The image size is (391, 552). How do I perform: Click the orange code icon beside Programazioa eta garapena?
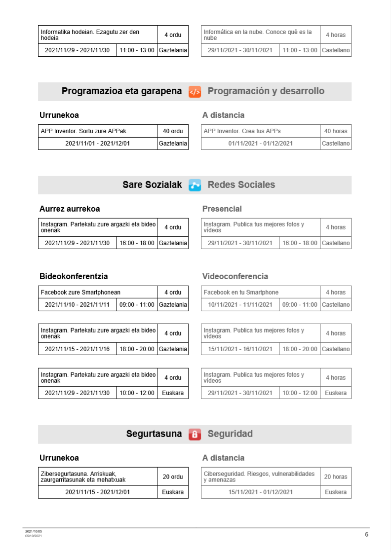[x=195, y=91]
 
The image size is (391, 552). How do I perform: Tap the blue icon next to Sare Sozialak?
[x=195, y=185]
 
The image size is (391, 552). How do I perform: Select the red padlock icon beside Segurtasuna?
[x=195, y=434]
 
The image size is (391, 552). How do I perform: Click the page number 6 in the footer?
[x=366, y=534]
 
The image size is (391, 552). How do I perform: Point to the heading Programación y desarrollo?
[x=266, y=91]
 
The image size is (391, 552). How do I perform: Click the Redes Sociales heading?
[x=241, y=185]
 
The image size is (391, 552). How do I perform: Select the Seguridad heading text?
[x=230, y=434]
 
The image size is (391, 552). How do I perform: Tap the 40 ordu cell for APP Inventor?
[x=173, y=131]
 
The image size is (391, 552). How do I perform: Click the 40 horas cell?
[x=336, y=131]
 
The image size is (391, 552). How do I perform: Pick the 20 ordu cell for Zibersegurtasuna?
[x=173, y=477]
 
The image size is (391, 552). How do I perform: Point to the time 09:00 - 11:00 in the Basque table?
[x=137, y=305]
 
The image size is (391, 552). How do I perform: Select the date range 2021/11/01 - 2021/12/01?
[x=97, y=144]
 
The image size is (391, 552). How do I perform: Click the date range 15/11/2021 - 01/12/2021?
[x=260, y=492]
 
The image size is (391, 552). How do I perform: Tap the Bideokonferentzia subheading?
[x=74, y=276]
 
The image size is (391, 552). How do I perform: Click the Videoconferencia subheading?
[x=235, y=276]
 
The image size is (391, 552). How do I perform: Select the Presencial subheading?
[x=222, y=209]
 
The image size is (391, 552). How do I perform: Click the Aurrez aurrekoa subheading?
[x=70, y=209]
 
